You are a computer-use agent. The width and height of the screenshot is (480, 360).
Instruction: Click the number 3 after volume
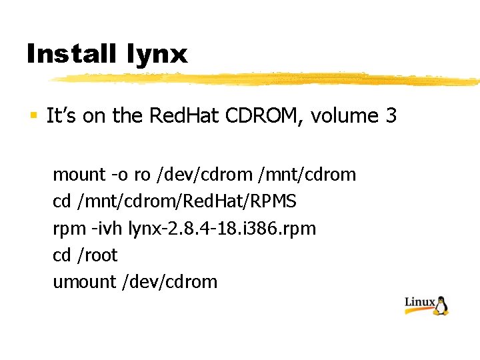click(391, 116)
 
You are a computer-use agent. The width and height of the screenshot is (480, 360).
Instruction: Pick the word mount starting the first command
click(79, 175)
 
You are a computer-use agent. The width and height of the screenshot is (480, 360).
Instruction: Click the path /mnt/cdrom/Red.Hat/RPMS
click(184, 201)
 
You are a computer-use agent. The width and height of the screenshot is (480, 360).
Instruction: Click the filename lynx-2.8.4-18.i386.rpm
click(222, 229)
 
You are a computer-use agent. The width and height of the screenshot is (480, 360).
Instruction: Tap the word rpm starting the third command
click(67, 229)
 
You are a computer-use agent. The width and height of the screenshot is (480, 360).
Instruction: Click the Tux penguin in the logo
click(442, 304)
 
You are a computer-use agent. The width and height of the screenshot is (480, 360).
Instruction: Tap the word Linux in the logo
click(420, 303)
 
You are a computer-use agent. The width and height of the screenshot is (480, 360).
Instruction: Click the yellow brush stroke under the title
click(267, 79)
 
